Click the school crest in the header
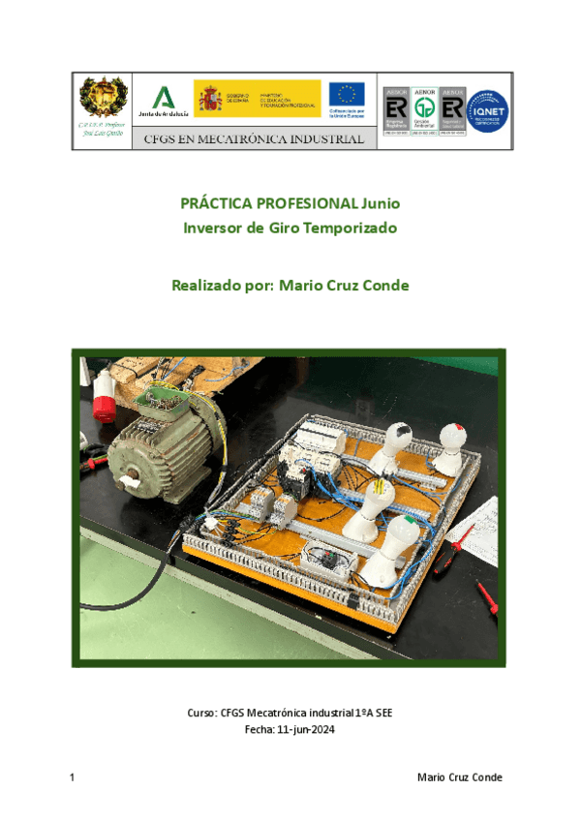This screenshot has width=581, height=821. pos(102,99)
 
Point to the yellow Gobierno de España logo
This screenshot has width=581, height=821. pos(256,99)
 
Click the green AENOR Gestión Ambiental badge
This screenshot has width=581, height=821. pos(423,107)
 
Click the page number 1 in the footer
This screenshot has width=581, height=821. pos(74,778)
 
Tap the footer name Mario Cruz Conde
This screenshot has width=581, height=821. pos(459,778)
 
